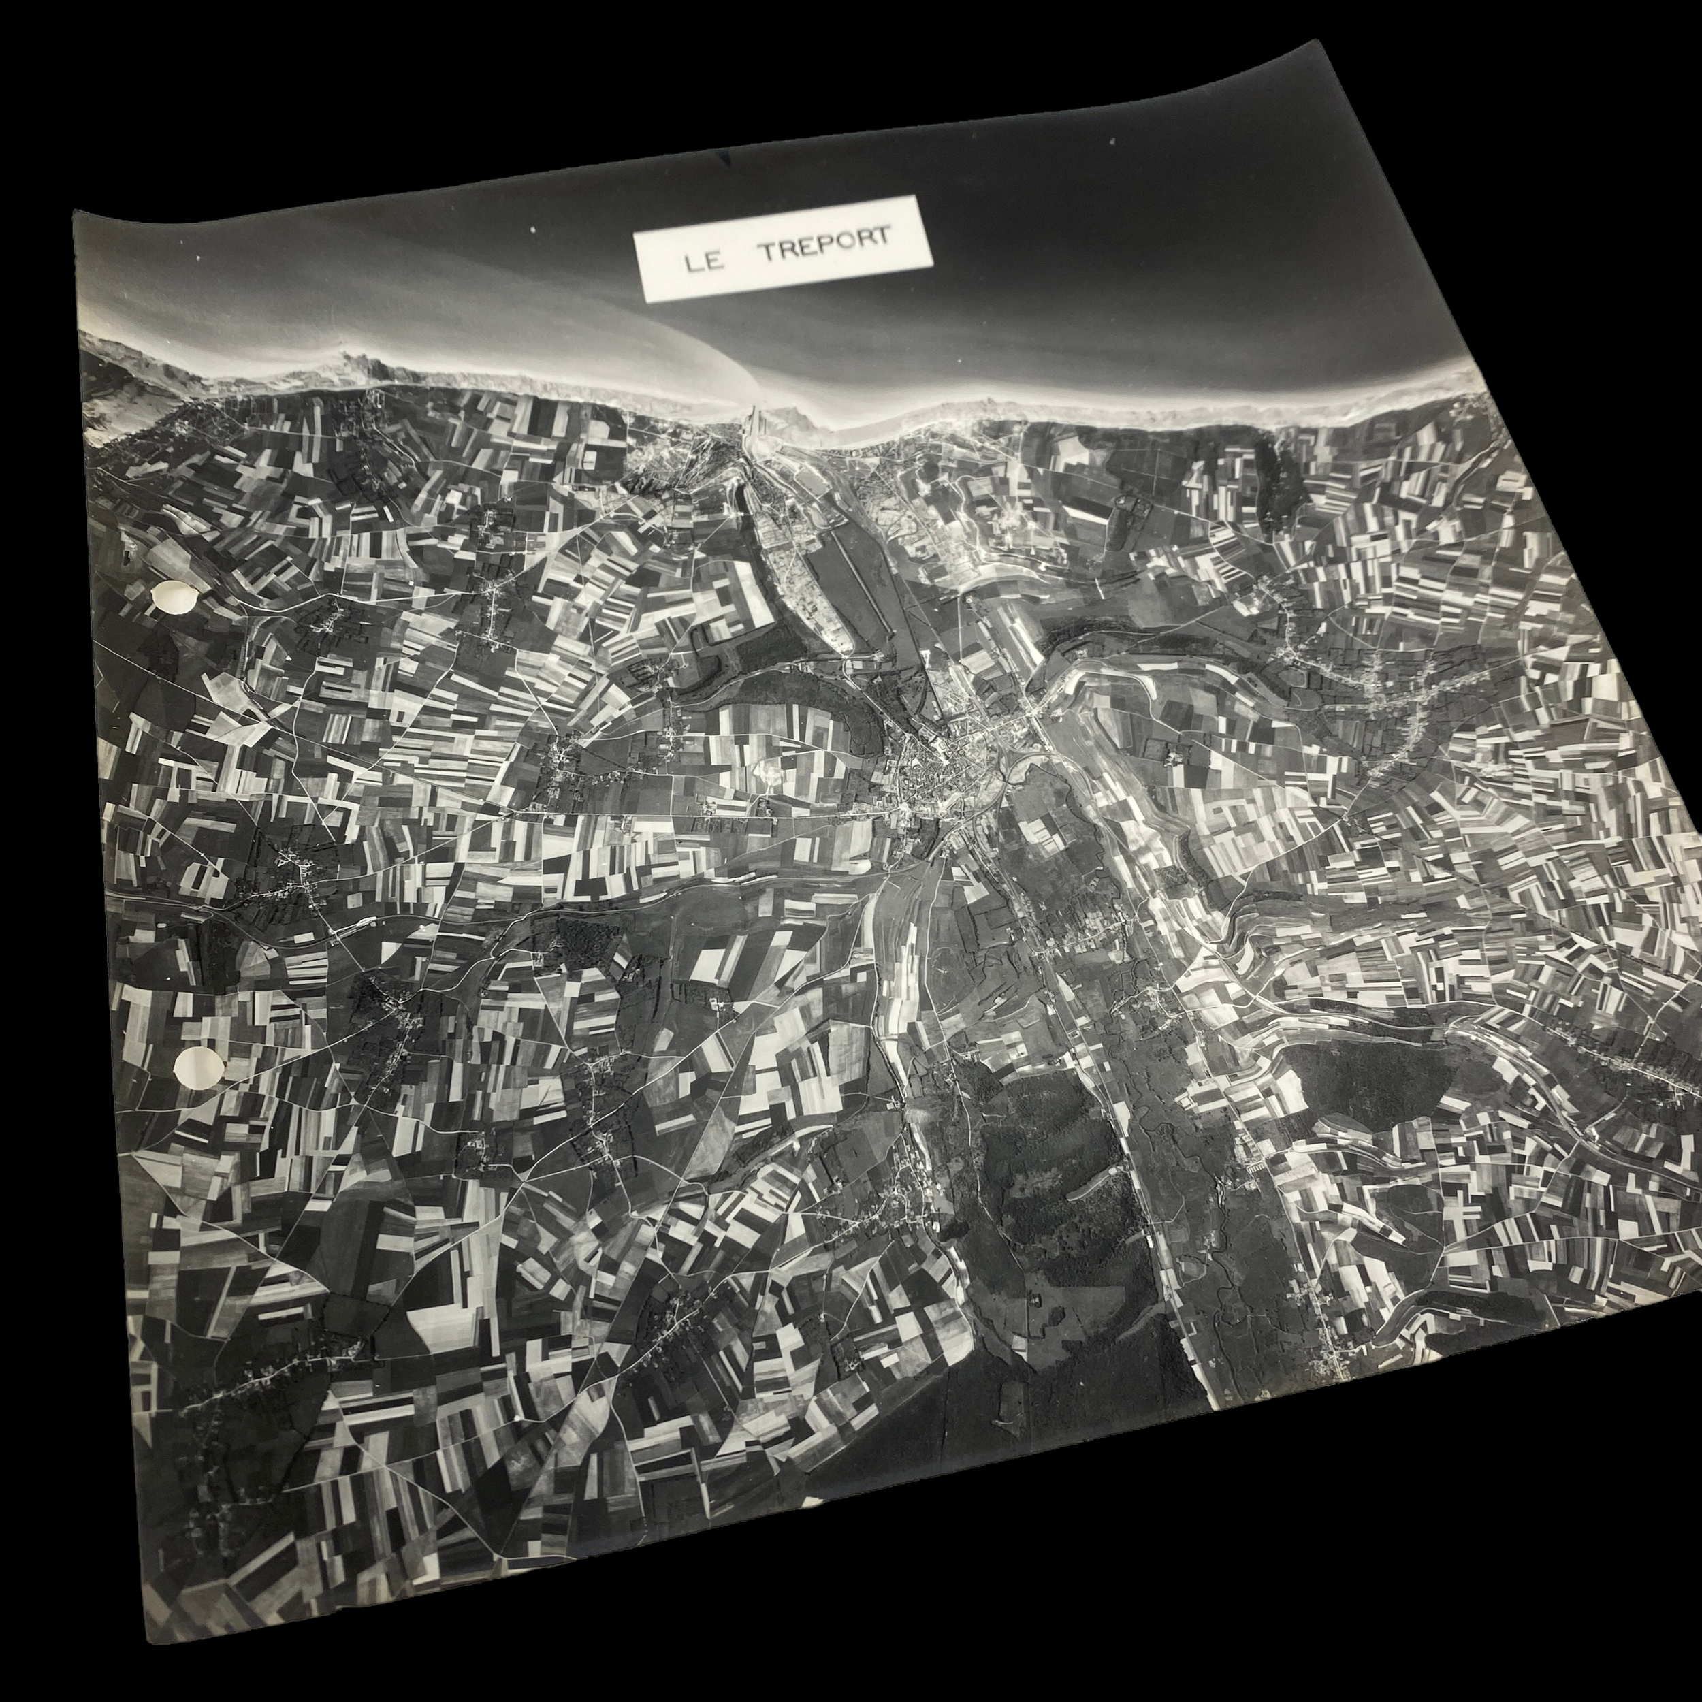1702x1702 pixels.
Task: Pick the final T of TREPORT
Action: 881,238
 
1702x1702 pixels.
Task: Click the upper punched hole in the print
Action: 174,598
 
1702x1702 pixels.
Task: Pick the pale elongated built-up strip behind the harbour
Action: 793,564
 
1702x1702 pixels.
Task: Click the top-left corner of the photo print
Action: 74,212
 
